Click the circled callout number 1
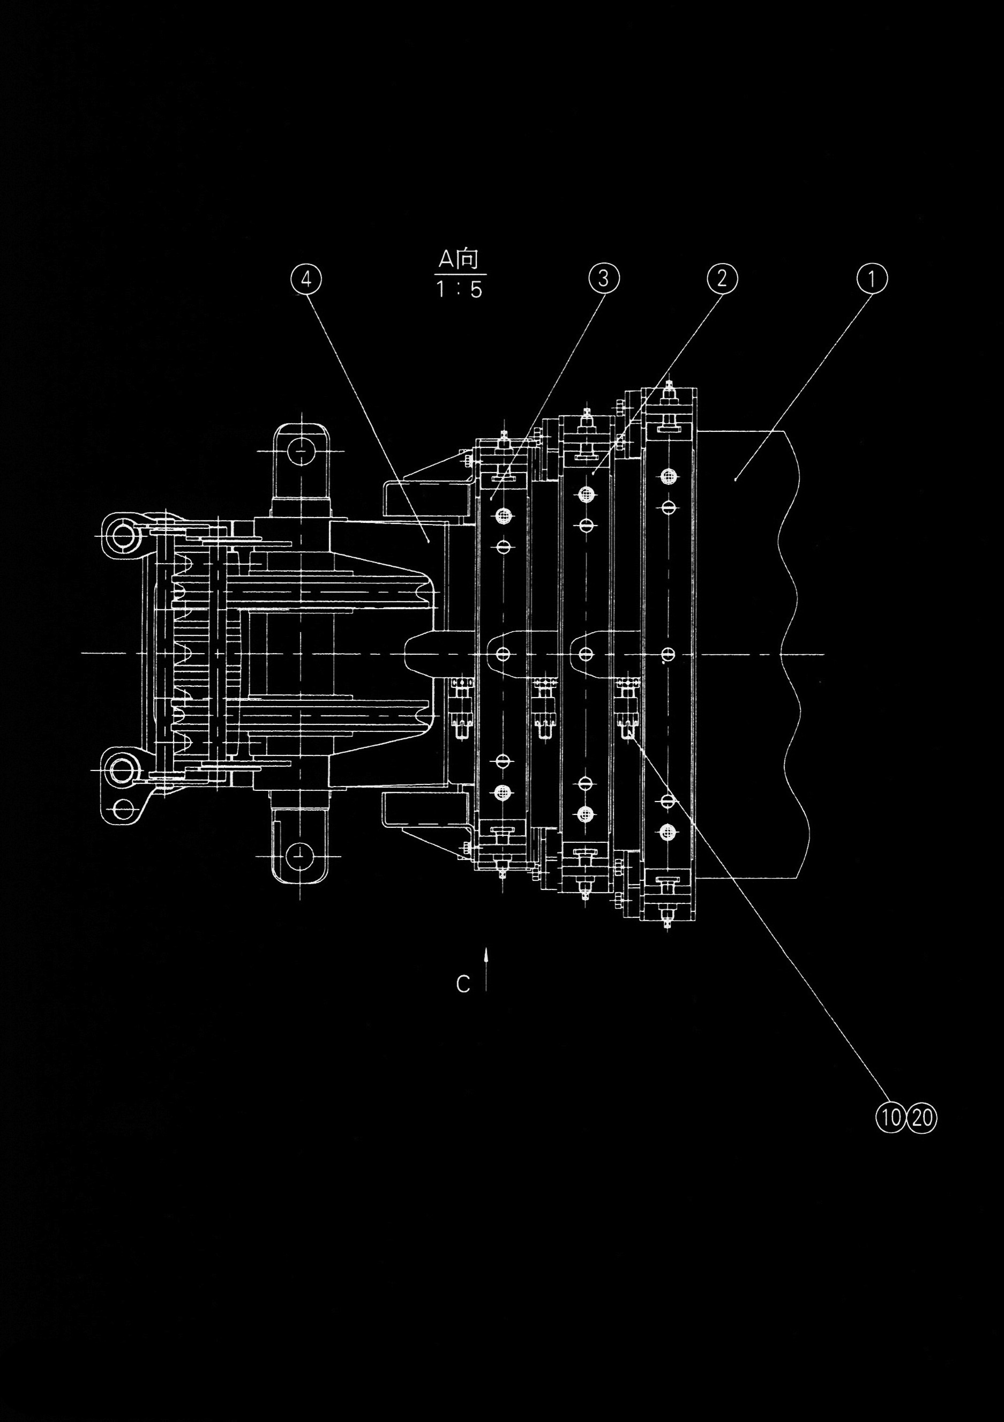872,279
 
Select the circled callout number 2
722,279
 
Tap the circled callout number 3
603,279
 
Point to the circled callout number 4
306,279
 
